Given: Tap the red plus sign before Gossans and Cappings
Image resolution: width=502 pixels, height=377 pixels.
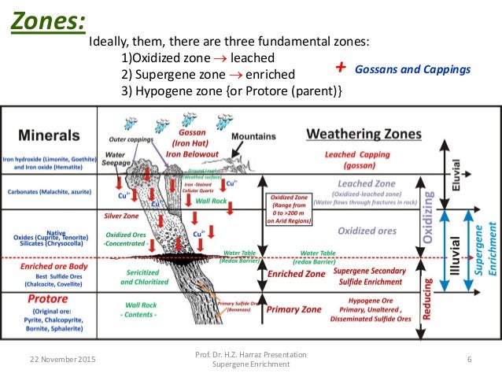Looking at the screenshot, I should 340,68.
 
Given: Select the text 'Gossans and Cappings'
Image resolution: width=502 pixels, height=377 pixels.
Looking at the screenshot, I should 412,69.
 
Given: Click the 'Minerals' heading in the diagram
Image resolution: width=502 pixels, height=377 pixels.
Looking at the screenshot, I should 49,134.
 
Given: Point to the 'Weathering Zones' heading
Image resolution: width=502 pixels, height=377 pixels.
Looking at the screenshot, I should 364,133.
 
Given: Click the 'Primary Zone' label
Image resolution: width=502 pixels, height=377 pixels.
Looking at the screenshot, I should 293,309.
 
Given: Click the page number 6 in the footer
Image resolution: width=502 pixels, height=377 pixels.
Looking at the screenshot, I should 469,360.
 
